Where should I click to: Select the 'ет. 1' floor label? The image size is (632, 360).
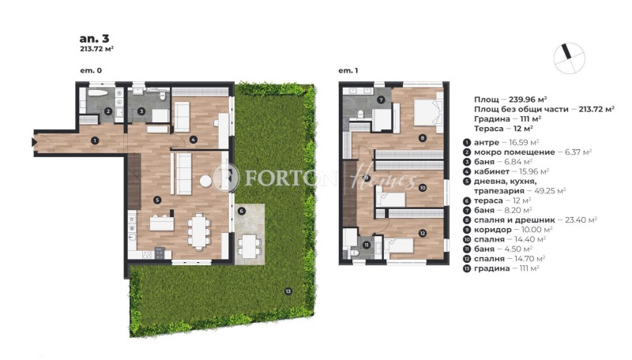(x=348, y=71)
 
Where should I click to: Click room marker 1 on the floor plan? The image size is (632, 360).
(x=94, y=141)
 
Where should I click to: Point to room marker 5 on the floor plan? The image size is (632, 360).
(x=157, y=200)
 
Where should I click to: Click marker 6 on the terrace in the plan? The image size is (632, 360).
(x=242, y=212)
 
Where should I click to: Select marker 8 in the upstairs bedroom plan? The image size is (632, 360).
(x=422, y=138)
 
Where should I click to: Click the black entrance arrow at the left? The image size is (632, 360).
(x=35, y=142)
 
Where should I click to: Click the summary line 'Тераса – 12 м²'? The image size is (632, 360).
(x=502, y=127)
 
